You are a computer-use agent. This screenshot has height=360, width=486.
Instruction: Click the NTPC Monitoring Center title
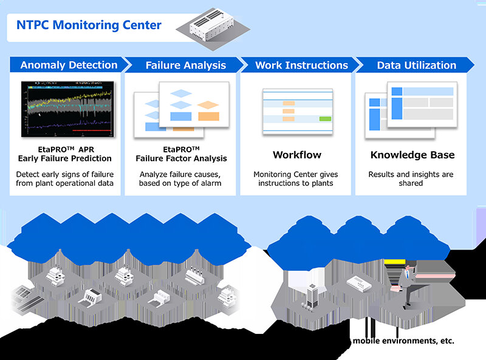click(x=89, y=25)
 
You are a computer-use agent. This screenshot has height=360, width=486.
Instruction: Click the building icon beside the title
click(x=210, y=25)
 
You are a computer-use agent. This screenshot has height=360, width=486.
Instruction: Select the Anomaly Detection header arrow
click(x=68, y=65)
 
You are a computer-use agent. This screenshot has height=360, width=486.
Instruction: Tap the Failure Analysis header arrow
click(x=185, y=65)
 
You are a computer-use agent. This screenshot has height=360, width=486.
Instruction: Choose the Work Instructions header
click(x=301, y=65)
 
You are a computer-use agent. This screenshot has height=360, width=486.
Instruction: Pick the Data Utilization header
click(x=416, y=65)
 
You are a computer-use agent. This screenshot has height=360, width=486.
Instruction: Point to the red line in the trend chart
click(x=91, y=131)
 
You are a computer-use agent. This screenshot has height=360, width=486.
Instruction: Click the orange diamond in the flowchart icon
click(x=208, y=104)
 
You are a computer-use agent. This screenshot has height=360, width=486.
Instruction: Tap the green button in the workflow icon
click(x=325, y=118)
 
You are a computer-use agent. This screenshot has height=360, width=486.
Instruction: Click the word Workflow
click(x=296, y=155)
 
